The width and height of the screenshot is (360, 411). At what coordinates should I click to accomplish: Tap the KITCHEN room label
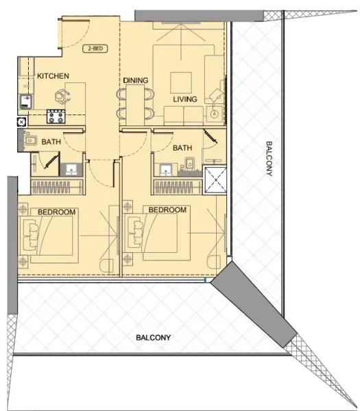click(51, 75)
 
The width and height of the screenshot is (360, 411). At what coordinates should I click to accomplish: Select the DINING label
click(136, 81)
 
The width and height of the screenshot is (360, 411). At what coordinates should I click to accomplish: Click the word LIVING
click(185, 99)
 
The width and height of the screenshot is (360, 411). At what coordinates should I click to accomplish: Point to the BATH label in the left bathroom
click(51, 142)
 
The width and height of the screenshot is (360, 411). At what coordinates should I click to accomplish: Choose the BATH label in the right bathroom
click(182, 147)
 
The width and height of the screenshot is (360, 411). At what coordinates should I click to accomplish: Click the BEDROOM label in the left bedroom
click(56, 212)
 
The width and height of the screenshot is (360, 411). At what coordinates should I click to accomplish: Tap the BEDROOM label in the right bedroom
click(168, 210)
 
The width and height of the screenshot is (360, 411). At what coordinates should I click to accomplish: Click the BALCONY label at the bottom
click(153, 338)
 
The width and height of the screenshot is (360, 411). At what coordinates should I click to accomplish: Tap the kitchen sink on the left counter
click(25, 102)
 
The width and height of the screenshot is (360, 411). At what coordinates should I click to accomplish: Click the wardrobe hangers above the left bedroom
click(56, 188)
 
